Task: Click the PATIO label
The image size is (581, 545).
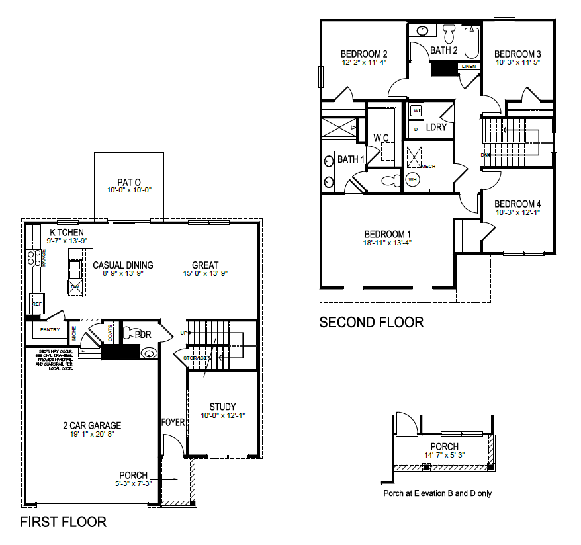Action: point(128,181)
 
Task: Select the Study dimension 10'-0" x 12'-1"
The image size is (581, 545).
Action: point(222,416)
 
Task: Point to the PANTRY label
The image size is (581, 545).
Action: point(50,329)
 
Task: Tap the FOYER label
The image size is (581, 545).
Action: point(173,422)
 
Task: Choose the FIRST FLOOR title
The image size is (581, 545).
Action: point(63,522)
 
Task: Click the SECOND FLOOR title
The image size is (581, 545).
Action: point(371,323)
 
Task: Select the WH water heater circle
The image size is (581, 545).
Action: point(414,180)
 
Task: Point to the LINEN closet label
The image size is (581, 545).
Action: point(469,67)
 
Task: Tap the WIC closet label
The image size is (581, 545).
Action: point(380,138)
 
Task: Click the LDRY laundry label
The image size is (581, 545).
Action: point(436,127)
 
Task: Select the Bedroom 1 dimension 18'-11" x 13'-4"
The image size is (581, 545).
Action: point(388,243)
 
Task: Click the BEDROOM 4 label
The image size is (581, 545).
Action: point(518,204)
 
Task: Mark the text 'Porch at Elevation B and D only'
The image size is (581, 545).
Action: point(437,493)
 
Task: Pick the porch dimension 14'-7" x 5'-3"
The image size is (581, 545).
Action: point(444,456)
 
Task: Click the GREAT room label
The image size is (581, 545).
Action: point(205,265)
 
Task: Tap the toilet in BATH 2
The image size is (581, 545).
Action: point(449,32)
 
